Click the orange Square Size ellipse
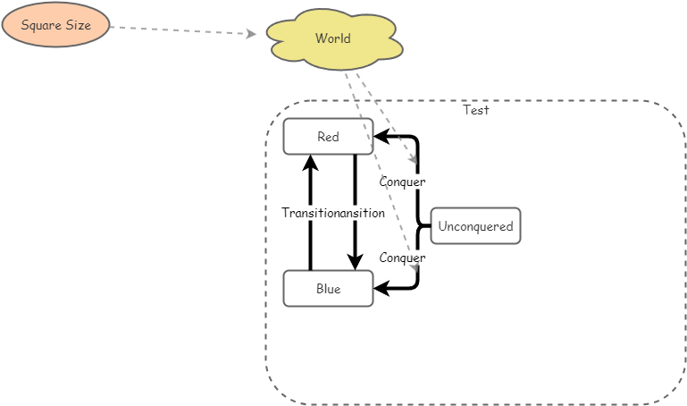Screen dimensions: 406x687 click(55, 25)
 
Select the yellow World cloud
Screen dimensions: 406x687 click(334, 39)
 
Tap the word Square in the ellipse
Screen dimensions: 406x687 click(39, 25)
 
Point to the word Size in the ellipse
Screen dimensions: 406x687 click(77, 25)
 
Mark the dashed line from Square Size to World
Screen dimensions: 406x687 click(179, 30)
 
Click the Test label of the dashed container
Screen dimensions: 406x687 click(475, 110)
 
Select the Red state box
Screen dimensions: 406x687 click(328, 137)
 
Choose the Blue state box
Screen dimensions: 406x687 click(328, 289)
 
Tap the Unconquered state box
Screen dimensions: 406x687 click(475, 226)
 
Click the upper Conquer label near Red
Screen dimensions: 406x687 click(402, 182)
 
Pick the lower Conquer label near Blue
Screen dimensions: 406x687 click(402, 258)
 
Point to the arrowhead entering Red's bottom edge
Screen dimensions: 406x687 click(310, 162)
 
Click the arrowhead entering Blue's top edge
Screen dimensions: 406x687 click(355, 263)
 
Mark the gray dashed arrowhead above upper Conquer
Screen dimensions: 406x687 click(414, 160)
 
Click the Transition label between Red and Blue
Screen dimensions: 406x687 click(310, 213)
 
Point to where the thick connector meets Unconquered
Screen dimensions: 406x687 click(430, 226)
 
